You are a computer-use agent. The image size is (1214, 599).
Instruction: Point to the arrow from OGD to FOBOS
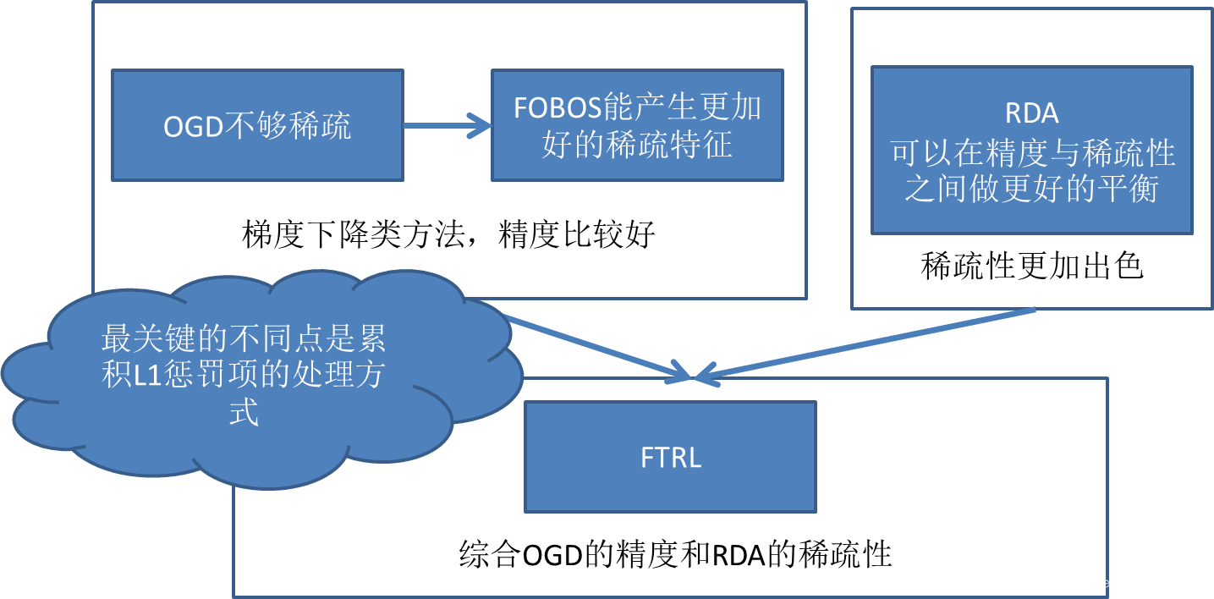(x=446, y=127)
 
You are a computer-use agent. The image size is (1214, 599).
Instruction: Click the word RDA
(x=1032, y=113)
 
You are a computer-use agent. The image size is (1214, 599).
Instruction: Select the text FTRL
(x=671, y=458)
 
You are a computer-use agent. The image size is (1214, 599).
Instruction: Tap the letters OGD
(x=194, y=127)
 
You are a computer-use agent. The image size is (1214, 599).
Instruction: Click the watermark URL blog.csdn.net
(x=1099, y=583)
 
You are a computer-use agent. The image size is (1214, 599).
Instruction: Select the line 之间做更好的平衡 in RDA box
(x=1031, y=189)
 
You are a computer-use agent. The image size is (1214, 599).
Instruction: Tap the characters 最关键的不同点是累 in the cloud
(x=244, y=339)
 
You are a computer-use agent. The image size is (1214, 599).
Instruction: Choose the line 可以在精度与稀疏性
(x=1032, y=152)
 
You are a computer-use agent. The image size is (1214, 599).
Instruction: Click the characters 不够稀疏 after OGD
(x=288, y=127)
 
